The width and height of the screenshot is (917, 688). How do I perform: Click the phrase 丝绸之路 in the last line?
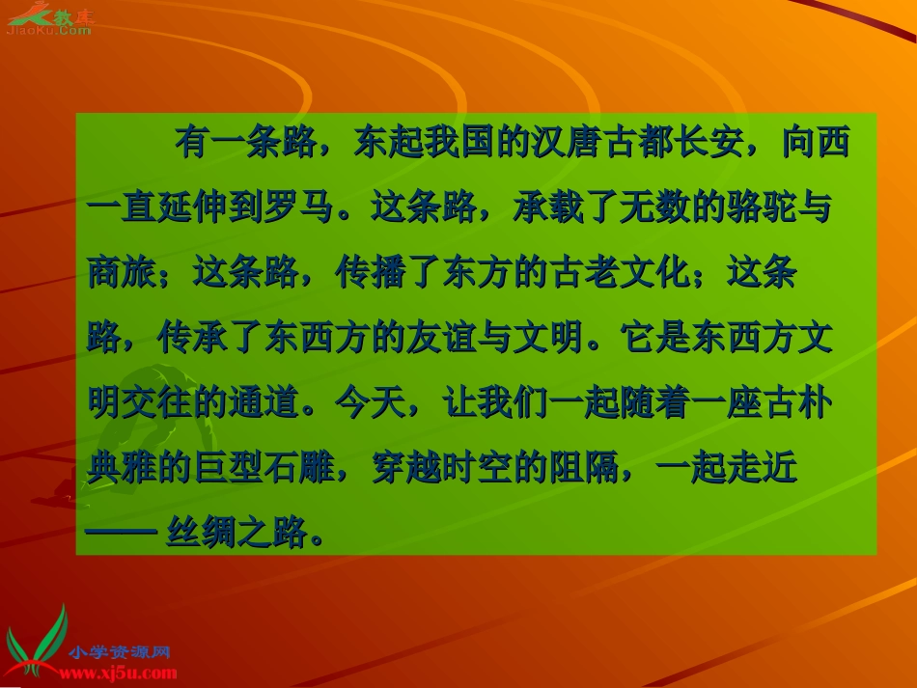click(236, 531)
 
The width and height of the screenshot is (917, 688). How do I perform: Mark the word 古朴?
click(796, 403)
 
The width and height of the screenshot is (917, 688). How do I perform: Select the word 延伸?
click(192, 208)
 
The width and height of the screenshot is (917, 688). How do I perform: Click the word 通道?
click(264, 403)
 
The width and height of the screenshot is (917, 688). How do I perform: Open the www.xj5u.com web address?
click(121, 673)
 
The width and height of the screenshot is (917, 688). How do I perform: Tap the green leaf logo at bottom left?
click(37, 641)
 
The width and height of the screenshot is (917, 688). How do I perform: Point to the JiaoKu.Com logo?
click(48, 19)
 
